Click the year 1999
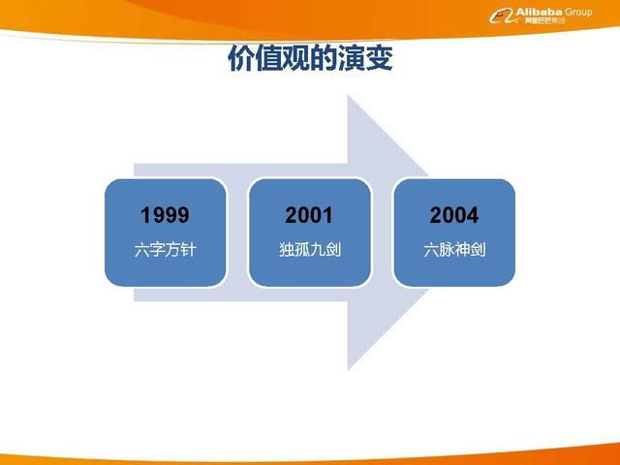(x=165, y=215)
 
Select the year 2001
(x=309, y=215)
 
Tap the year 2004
(x=454, y=215)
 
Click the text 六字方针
(x=165, y=250)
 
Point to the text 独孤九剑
(x=309, y=250)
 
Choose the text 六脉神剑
(x=454, y=250)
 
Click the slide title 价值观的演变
(x=309, y=60)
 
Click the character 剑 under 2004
(x=478, y=250)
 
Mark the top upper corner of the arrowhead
(x=349, y=95)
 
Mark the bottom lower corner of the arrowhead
(x=349, y=370)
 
